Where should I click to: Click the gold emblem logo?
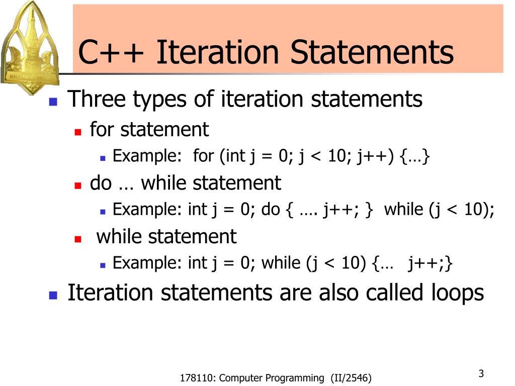pyautogui.click(x=30, y=48)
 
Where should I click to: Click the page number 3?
pyautogui.click(x=481, y=373)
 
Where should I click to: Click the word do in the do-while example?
pyautogui.click(x=271, y=210)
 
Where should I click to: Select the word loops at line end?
pyautogui.click(x=457, y=293)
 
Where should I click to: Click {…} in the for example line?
pyautogui.click(x=415, y=157)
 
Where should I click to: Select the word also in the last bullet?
pyautogui.click(x=339, y=293)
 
